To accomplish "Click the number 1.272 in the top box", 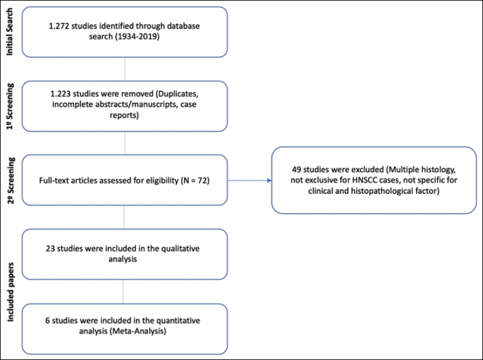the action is pos(59,26).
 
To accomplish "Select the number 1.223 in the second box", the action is pos(61,94).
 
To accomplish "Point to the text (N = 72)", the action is pos(194,180).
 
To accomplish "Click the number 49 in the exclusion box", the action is pos(297,170).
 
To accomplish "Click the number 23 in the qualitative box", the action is pos(50,248).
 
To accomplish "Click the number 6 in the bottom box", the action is pos(48,320).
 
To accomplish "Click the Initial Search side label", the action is pos(10,32).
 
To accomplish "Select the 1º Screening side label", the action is pos(10,107).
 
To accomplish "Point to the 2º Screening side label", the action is pos(11,180).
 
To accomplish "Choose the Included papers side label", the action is pos(11,292).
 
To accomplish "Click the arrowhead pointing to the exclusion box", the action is pos(269,180).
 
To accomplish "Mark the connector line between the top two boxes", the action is pos(124,69).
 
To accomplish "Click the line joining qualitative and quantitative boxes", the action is pos(123,292).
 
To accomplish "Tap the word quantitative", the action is pos(178,320).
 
